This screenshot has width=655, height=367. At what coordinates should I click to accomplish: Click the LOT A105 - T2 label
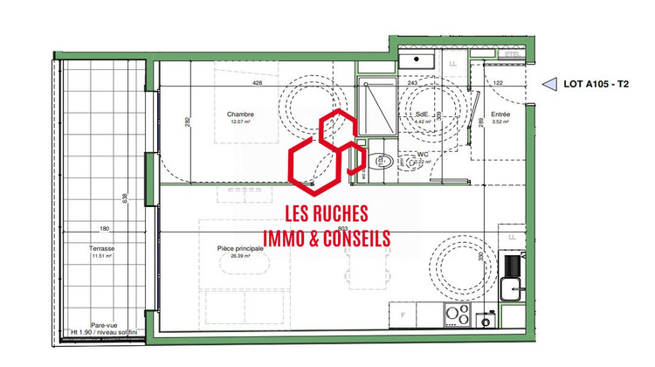pyautogui.click(x=599, y=84)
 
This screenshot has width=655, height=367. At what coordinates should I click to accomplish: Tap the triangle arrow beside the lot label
pyautogui.click(x=551, y=84)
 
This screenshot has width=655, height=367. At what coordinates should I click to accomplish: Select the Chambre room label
pyautogui.click(x=239, y=114)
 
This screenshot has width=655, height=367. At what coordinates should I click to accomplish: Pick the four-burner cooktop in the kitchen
pyautogui.click(x=458, y=313)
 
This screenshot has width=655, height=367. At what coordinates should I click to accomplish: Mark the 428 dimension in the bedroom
pyautogui.click(x=257, y=84)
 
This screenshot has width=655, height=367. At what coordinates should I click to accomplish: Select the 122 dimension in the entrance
pyautogui.click(x=499, y=83)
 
